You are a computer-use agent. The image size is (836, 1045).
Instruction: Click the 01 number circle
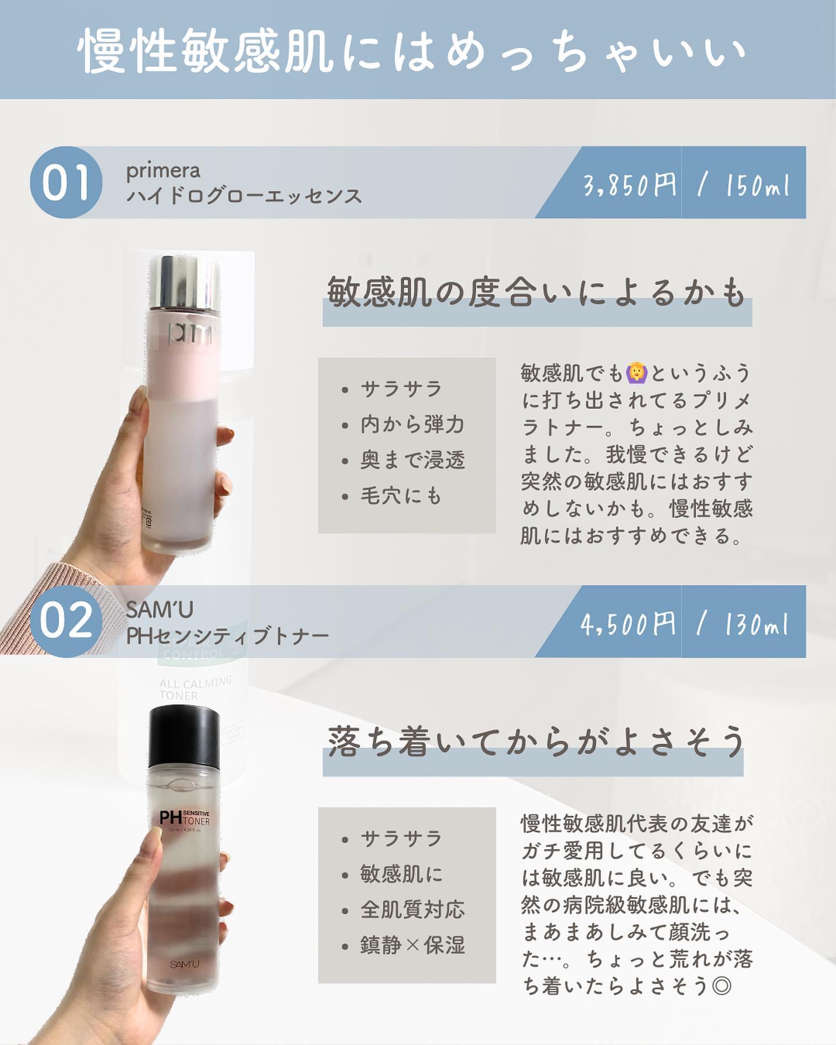pyautogui.click(x=66, y=182)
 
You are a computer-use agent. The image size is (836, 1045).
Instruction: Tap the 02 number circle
pyautogui.click(x=66, y=621)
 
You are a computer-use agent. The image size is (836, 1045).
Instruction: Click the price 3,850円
pyautogui.click(x=630, y=185)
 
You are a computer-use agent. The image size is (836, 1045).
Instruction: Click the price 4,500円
pyautogui.click(x=628, y=624)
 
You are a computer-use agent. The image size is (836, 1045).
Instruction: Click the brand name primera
pyautogui.click(x=163, y=171)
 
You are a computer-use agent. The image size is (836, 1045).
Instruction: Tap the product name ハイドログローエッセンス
pyautogui.click(x=244, y=196)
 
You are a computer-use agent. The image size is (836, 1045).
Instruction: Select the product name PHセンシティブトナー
pyautogui.click(x=228, y=636)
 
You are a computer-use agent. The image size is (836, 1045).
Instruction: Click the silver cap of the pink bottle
pyautogui.click(x=185, y=282)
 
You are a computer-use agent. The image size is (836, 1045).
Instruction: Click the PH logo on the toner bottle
pyautogui.click(x=170, y=818)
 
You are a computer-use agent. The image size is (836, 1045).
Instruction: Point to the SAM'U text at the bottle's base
pyautogui.click(x=185, y=964)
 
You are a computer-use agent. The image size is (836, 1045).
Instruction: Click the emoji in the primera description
pyautogui.click(x=637, y=372)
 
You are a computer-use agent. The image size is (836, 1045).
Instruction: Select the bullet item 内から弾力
pyautogui.click(x=412, y=424)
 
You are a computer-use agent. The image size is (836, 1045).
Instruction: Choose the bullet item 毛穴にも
pyautogui.click(x=401, y=496)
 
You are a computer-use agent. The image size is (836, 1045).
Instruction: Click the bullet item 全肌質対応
pyautogui.click(x=412, y=909)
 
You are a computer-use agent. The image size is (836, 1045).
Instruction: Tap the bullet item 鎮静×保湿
pyautogui.click(x=412, y=945)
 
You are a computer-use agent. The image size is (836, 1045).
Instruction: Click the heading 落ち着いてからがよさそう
pyautogui.click(x=536, y=742)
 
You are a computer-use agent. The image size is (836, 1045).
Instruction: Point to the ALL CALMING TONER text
pyautogui.click(x=195, y=687)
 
